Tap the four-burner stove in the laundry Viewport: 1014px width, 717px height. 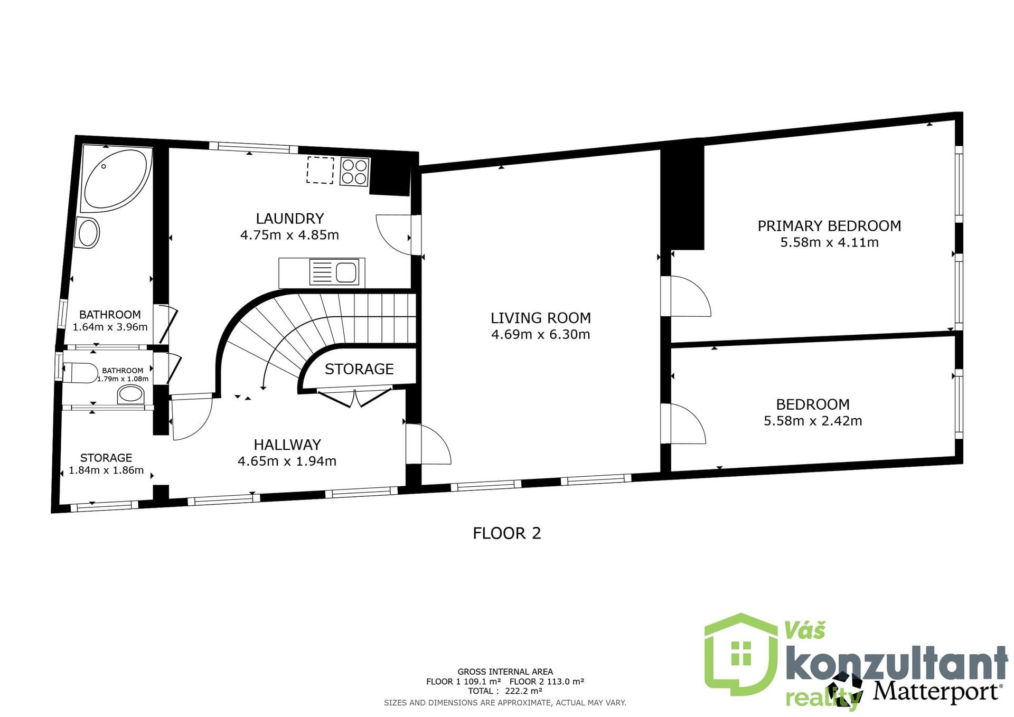click(x=354, y=172)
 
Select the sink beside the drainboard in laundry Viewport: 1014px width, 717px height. click(x=346, y=272)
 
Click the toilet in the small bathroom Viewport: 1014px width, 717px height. click(x=80, y=373)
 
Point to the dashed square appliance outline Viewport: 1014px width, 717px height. click(x=320, y=170)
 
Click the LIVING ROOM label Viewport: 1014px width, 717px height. click(x=541, y=318)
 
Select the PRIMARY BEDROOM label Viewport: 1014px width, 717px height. click(x=829, y=226)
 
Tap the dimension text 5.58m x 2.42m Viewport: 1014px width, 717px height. click(x=813, y=421)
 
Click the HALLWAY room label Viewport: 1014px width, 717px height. click(x=287, y=445)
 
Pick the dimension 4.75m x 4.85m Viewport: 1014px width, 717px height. click(x=289, y=235)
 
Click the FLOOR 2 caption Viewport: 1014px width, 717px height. click(x=507, y=533)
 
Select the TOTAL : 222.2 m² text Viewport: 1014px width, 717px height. click(x=505, y=691)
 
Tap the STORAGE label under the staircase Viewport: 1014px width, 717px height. click(x=359, y=369)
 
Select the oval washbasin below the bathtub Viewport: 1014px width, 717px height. click(x=88, y=232)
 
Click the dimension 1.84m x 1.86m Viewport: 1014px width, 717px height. click(x=106, y=470)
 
